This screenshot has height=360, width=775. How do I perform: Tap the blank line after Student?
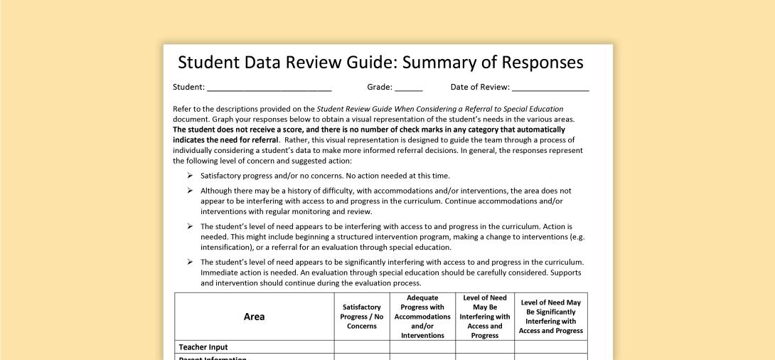click(269, 88)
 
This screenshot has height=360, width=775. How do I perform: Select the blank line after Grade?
click(409, 88)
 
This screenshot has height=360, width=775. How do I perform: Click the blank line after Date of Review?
click(550, 88)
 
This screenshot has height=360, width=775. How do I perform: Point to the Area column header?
click(254, 317)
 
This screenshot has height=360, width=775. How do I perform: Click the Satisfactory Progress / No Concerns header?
click(362, 317)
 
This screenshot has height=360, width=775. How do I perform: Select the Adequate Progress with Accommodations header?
click(422, 317)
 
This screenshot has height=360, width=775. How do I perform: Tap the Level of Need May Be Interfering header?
click(485, 317)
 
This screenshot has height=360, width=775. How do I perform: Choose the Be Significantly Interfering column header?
click(551, 317)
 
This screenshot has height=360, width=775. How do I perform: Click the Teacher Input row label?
click(203, 347)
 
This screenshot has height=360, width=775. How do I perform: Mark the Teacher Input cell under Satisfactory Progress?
click(362, 347)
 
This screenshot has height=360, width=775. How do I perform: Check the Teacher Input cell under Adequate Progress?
click(422, 347)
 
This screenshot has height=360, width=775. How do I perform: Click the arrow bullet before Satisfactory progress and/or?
click(190, 175)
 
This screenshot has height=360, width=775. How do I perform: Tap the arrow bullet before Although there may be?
click(190, 191)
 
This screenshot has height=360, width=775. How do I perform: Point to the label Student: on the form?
click(188, 88)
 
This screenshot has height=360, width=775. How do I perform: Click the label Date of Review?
click(480, 88)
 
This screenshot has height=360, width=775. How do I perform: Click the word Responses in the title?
click(542, 63)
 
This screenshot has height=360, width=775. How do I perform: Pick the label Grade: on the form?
click(380, 88)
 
